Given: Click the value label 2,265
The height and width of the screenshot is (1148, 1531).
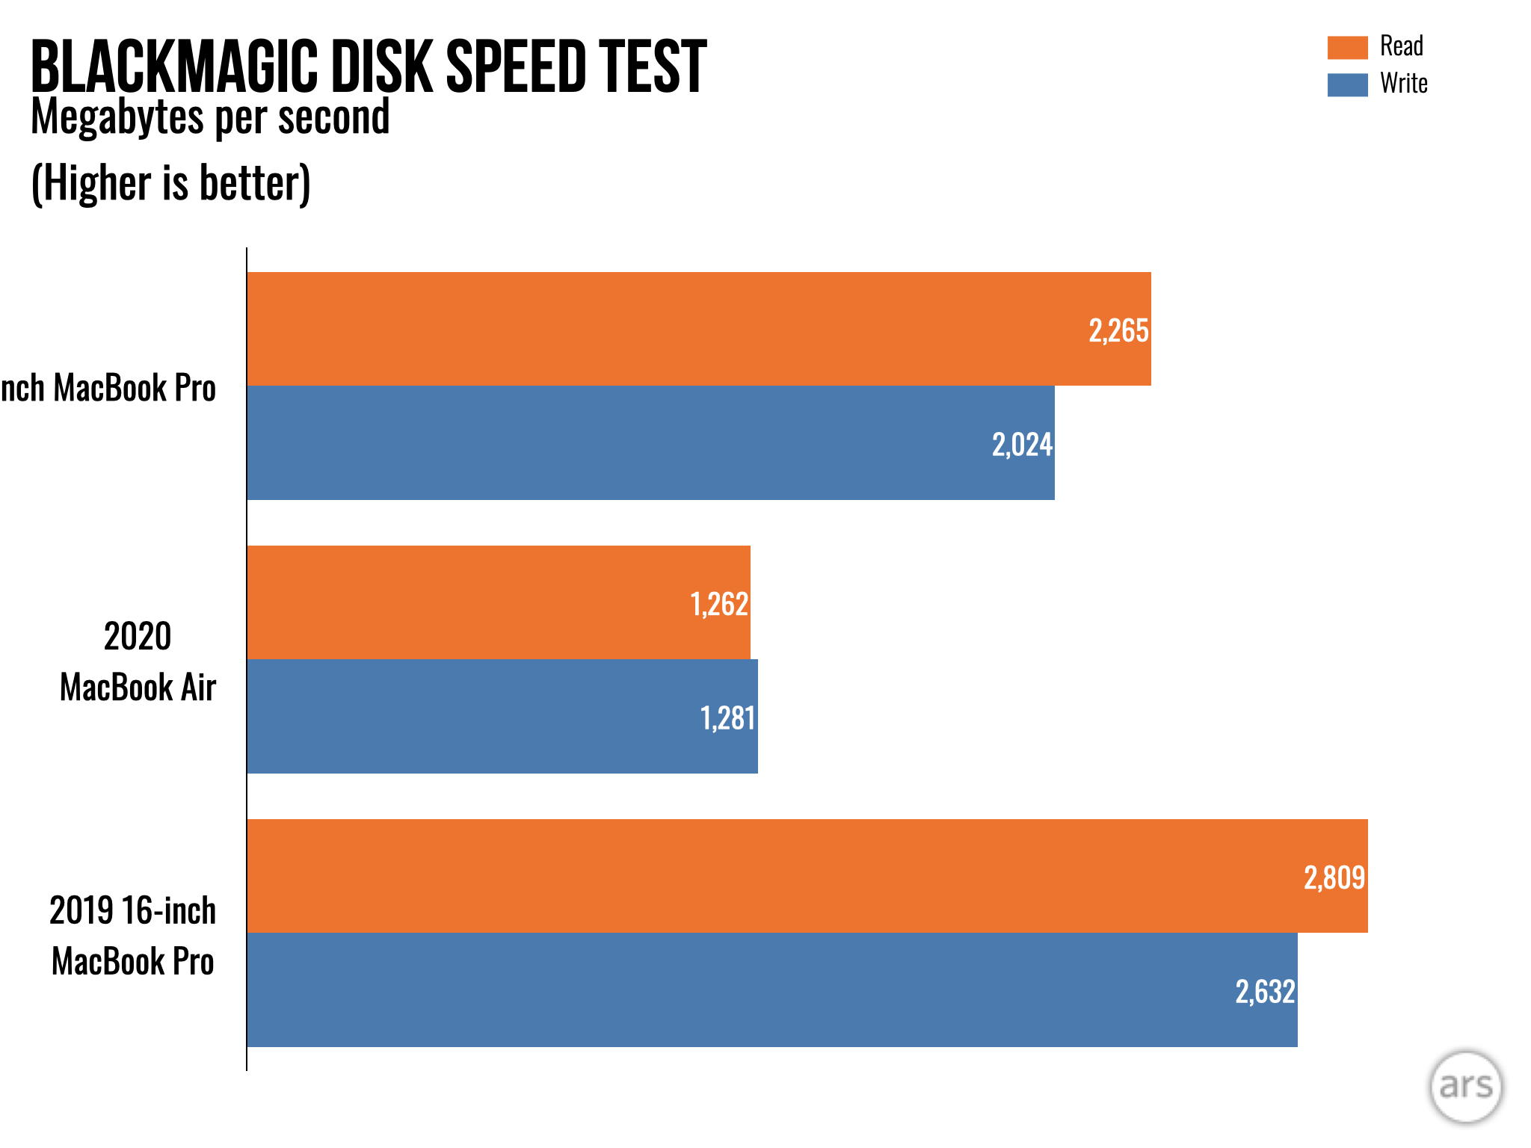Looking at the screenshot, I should pyautogui.click(x=1118, y=330).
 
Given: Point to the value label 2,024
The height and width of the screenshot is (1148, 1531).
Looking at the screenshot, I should pyautogui.click(x=1022, y=445).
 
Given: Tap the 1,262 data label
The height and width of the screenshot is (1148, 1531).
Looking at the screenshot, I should pyautogui.click(x=718, y=604).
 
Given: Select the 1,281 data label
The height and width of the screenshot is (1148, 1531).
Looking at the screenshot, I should pyautogui.click(x=727, y=718).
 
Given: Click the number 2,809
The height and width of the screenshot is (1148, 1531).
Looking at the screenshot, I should pyautogui.click(x=1334, y=877).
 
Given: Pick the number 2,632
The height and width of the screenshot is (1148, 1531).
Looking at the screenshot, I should pyautogui.click(x=1265, y=992).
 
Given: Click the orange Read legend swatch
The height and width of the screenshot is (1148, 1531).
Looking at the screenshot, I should pyautogui.click(x=1347, y=47).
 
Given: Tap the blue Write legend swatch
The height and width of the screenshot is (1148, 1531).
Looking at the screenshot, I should pyautogui.click(x=1347, y=84).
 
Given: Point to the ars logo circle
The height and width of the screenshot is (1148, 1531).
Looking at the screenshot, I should pyautogui.click(x=1465, y=1087).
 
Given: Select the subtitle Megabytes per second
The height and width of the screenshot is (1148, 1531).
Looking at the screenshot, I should pyautogui.click(x=210, y=117).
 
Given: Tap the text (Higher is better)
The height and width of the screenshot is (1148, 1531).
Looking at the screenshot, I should pyautogui.click(x=170, y=183).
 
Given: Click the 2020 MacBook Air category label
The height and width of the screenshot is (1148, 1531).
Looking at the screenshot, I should pyautogui.click(x=138, y=661).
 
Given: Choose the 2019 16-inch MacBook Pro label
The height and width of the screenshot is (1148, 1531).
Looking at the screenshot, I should pyautogui.click(x=133, y=936).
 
